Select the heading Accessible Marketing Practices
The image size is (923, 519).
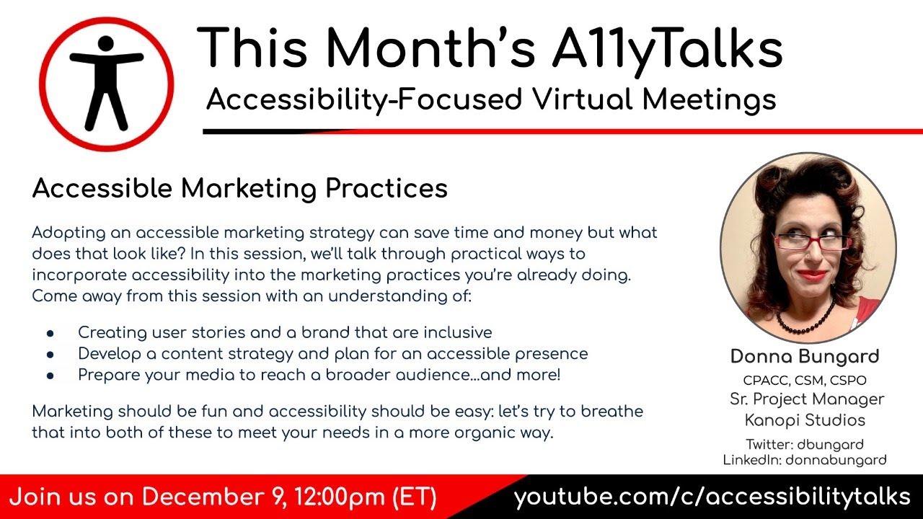point(240,188)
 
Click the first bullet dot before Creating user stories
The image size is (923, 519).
point(50,333)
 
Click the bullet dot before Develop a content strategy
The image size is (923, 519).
point(50,355)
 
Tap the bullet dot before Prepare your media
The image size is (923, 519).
point(50,376)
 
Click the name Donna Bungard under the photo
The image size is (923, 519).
point(804,356)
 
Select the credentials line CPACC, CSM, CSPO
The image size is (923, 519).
point(804,380)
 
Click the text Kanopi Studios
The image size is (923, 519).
point(804,420)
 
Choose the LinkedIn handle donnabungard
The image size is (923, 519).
point(835,460)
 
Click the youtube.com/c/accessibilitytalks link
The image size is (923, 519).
point(712,497)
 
